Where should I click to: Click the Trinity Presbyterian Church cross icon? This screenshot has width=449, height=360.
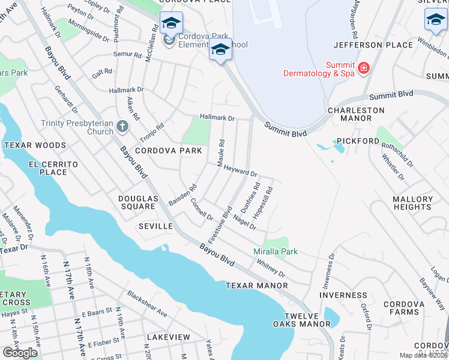point(122,127)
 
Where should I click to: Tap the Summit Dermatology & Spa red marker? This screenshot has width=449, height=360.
point(363,69)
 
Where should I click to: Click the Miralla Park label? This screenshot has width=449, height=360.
point(275,252)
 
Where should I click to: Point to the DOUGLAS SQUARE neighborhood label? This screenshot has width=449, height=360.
point(137,202)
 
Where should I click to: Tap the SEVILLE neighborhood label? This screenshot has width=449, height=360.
point(155,226)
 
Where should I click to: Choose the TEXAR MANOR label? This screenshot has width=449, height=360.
point(253,286)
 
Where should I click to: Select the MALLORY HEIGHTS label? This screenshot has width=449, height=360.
point(412,203)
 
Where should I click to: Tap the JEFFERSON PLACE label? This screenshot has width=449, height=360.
point(373,45)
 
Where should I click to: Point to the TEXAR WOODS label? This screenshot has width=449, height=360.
point(35,145)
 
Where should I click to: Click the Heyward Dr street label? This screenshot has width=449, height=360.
point(240,171)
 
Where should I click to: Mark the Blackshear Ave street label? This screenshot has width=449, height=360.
point(147,304)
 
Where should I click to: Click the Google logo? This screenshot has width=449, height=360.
point(20,353)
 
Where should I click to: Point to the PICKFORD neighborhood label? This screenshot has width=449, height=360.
point(358,141)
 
